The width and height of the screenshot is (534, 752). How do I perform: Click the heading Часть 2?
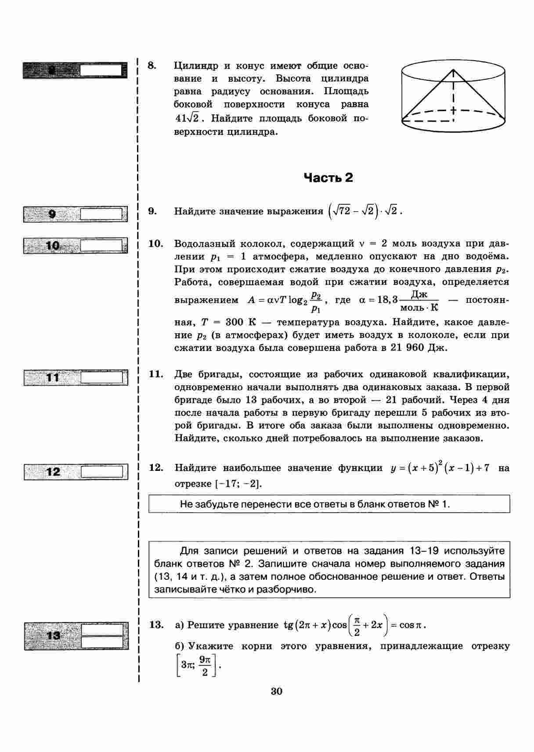tap(328, 177)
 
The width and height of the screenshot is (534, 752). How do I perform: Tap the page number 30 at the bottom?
tap(277, 691)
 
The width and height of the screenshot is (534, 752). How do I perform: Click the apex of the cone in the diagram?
tap(453, 69)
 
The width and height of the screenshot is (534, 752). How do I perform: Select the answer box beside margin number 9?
tap(101, 214)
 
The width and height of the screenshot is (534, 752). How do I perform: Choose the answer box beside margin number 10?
tap(101, 245)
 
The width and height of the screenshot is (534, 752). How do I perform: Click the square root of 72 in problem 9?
tap(342, 211)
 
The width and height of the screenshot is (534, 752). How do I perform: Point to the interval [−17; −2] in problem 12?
tap(238, 484)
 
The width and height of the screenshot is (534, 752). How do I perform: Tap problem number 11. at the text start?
tap(156, 374)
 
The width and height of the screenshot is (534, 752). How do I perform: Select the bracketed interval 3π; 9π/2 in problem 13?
tap(196, 665)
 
